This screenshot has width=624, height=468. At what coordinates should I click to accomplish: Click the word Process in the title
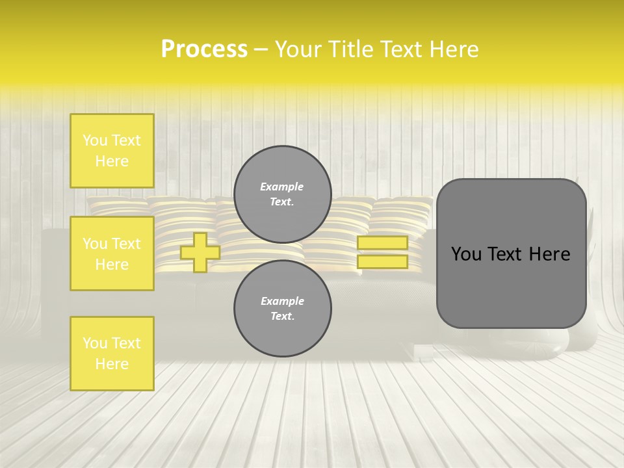click(x=204, y=49)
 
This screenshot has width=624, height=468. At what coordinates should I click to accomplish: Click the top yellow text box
click(x=112, y=151)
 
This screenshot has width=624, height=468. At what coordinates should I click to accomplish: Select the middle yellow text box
click(x=112, y=253)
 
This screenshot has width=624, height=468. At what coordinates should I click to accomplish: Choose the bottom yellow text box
click(x=112, y=354)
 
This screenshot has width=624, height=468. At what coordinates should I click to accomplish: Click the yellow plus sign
click(x=200, y=252)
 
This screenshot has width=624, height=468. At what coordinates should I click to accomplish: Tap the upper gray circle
click(x=282, y=194)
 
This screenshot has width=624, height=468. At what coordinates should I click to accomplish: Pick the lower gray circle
click(x=282, y=308)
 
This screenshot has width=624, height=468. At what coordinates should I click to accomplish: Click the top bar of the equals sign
click(x=382, y=243)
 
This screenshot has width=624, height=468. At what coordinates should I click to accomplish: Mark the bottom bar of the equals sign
click(x=382, y=262)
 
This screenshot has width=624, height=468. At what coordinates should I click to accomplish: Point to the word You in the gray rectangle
click(x=467, y=254)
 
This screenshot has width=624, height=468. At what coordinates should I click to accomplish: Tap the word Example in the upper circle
click(x=282, y=187)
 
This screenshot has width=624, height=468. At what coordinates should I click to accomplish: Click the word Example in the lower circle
click(x=282, y=301)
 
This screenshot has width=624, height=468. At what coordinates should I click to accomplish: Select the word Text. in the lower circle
click(x=282, y=317)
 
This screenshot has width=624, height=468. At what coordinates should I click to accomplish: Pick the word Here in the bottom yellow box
click(x=112, y=364)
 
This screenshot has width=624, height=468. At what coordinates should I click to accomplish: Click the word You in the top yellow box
click(x=95, y=140)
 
